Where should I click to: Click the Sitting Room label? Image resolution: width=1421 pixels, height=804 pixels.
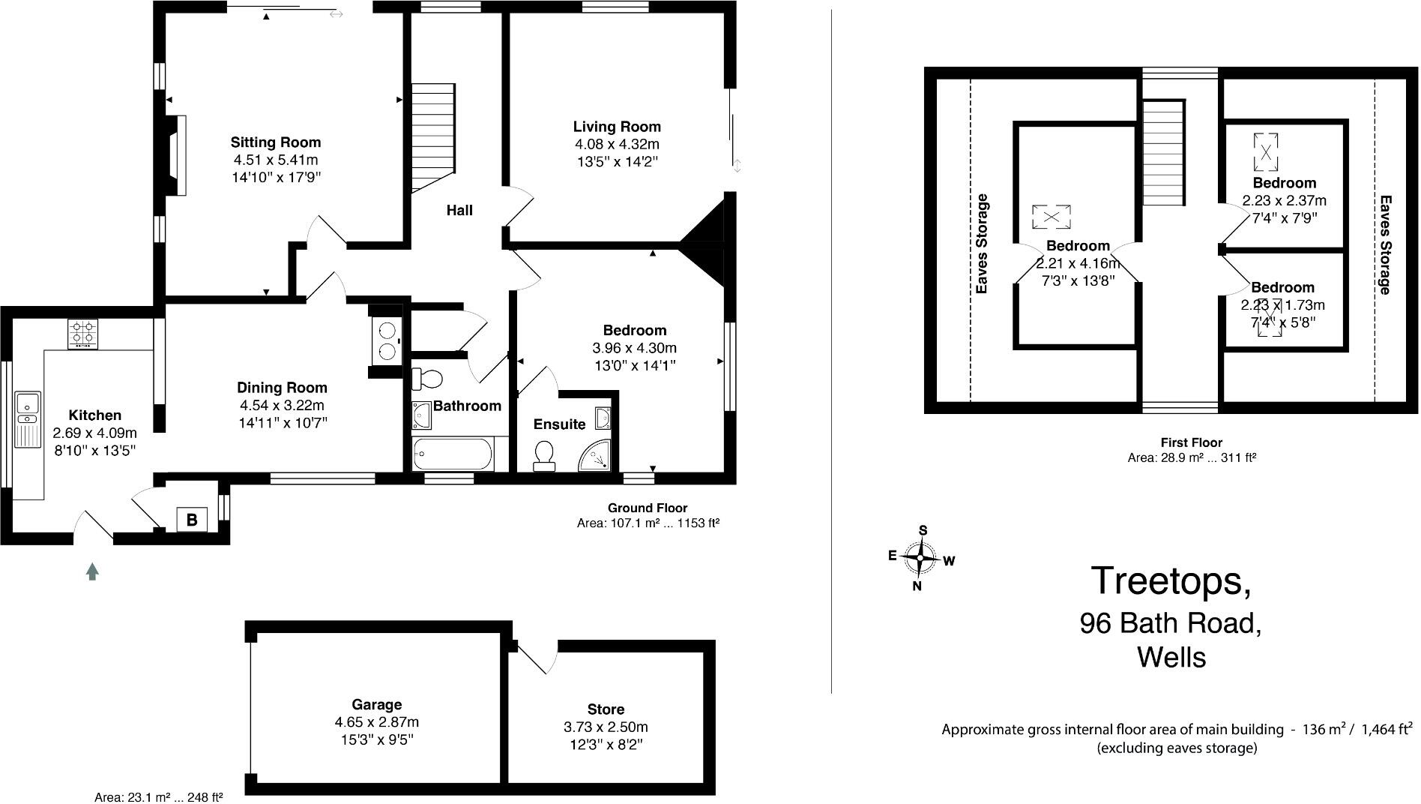pyautogui.click(x=275, y=142)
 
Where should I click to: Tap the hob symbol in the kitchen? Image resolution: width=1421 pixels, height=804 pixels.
pyautogui.click(x=83, y=334)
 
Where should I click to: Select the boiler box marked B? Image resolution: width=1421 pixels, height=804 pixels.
pyautogui.click(x=192, y=519)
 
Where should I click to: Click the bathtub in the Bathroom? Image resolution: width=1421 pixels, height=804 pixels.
pyautogui.click(x=453, y=454)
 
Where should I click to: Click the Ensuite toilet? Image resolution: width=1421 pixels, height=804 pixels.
pyautogui.click(x=544, y=454)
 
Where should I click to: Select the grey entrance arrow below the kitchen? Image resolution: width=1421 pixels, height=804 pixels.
pyautogui.click(x=92, y=571)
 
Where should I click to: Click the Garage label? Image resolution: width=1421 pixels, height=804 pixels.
pyautogui.click(x=376, y=704)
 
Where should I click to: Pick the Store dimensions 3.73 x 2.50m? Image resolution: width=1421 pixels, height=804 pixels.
pyautogui.click(x=606, y=727)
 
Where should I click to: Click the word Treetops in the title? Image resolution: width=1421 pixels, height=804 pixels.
pyautogui.click(x=1170, y=581)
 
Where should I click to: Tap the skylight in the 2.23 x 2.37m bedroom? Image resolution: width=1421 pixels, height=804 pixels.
pyautogui.click(x=1265, y=151)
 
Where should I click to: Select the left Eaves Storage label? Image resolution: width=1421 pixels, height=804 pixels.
pyautogui.click(x=982, y=244)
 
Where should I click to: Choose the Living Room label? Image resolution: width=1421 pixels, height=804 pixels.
pyautogui.click(x=617, y=127)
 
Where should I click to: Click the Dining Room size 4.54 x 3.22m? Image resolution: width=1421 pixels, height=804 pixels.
pyautogui.click(x=282, y=406)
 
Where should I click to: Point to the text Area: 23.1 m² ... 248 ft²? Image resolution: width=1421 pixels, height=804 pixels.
pyautogui.click(x=158, y=797)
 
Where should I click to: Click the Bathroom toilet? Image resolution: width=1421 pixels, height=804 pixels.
pyautogui.click(x=428, y=378)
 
